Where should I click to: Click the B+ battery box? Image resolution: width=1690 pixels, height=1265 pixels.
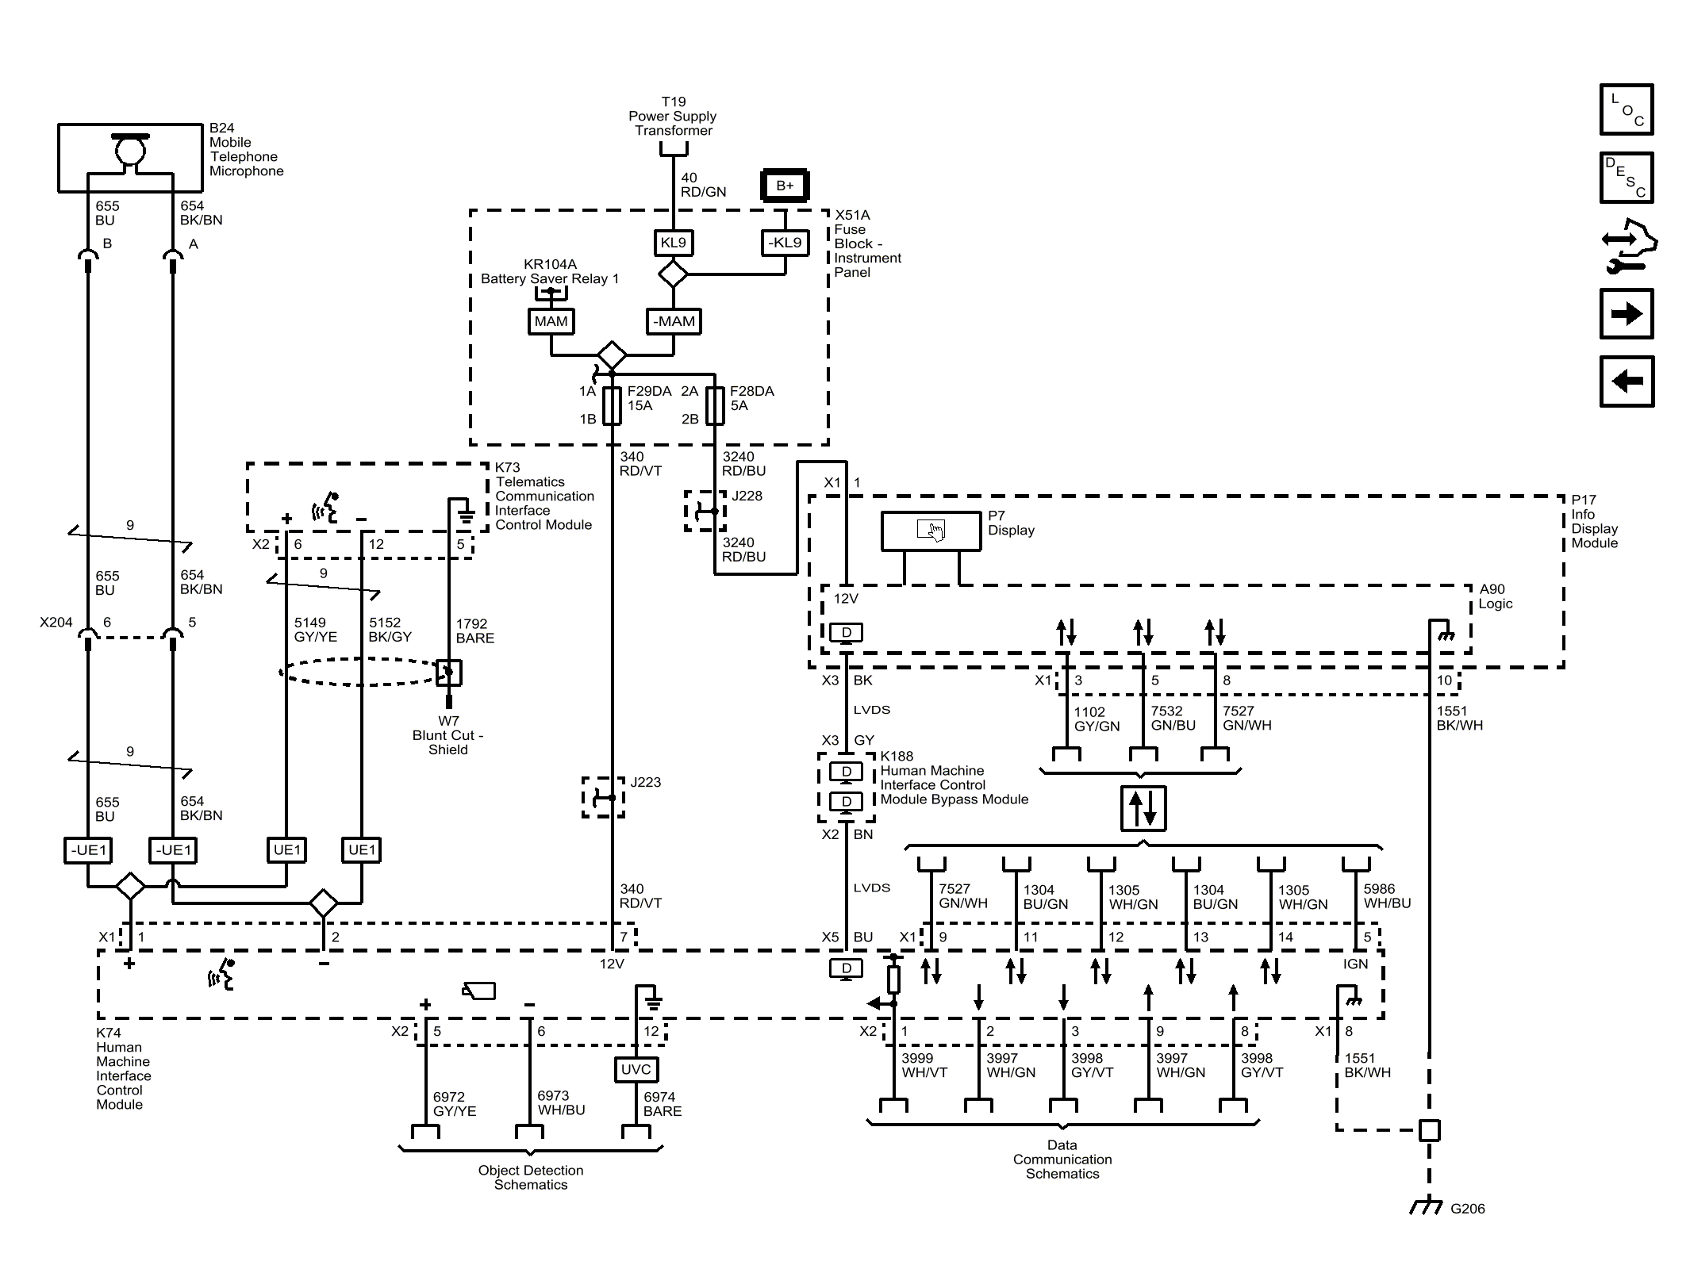785,186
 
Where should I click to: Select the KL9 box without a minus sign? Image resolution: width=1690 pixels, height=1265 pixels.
673,243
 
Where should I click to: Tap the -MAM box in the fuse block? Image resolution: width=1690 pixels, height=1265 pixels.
674,321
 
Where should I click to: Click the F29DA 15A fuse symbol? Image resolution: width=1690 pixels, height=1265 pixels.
612,405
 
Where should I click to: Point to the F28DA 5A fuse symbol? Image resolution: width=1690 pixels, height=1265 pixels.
715,405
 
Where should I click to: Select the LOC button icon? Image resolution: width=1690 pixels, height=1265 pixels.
1627,109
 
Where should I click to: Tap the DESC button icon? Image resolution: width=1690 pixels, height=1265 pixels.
1627,178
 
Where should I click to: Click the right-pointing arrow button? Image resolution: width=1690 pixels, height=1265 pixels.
1627,314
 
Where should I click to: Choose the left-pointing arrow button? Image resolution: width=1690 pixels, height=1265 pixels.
1627,381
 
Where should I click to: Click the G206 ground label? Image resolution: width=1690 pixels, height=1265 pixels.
1467,1209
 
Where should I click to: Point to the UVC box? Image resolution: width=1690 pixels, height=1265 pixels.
636,1069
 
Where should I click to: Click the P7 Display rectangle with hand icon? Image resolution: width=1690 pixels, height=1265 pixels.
931,531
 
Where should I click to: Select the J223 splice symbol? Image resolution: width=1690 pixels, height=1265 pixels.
604,797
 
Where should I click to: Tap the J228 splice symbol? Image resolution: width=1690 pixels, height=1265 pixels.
705,511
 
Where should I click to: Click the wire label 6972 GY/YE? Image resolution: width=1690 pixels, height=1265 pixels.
455,1104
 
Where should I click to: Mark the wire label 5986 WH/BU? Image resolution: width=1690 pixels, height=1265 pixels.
1387,896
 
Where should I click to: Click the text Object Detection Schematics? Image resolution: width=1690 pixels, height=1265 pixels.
531,1178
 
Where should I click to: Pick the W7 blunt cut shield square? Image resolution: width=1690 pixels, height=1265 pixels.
449,673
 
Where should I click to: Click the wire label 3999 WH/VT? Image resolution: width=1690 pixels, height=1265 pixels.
924,1065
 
